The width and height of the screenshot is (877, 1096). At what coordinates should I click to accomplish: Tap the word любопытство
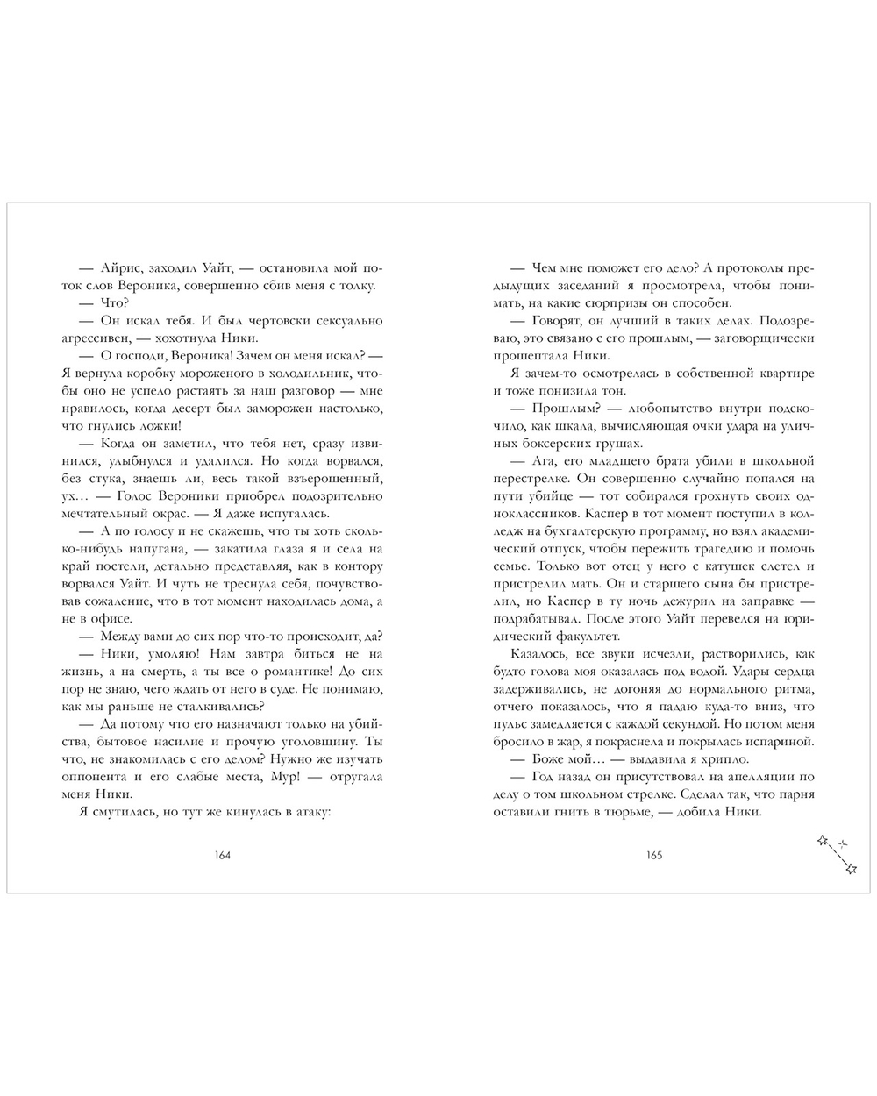660,409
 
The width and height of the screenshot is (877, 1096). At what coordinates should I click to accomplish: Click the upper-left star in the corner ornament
822,840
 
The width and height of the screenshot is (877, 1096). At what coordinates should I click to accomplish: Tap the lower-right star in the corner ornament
850,869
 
